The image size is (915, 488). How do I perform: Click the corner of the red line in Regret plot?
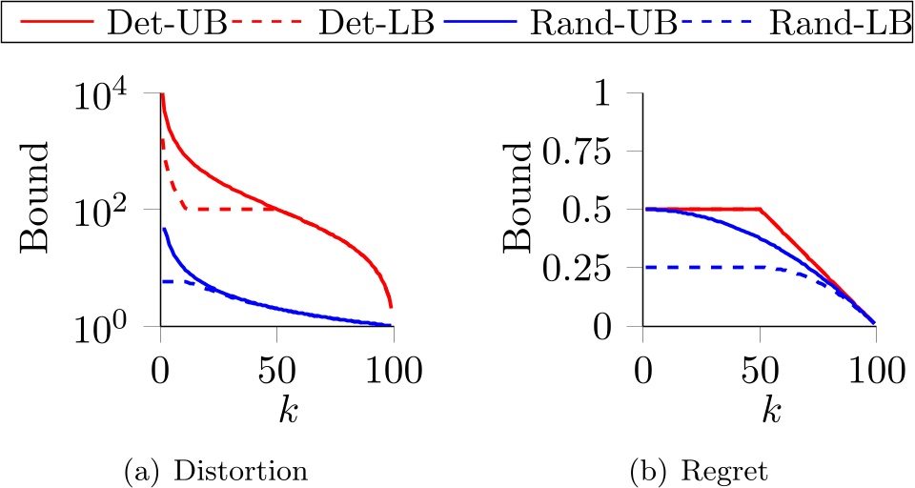point(760,209)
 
